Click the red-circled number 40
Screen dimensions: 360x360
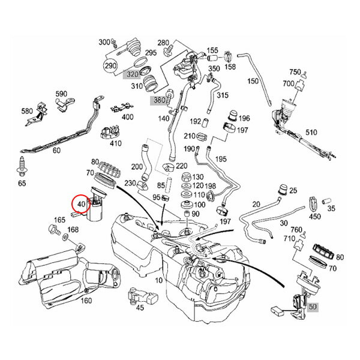80,205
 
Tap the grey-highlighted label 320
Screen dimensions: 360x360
131,75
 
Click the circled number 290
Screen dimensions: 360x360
110,65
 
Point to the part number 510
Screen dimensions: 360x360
311,132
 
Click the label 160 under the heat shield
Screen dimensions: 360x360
86,301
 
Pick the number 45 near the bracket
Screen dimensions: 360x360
140,308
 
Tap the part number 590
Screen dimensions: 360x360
61,94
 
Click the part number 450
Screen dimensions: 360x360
314,217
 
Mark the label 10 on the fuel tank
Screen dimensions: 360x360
158,280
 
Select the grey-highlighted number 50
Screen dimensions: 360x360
312,307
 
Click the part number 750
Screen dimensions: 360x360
295,71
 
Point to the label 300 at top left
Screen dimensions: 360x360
104,42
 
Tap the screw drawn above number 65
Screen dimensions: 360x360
22,163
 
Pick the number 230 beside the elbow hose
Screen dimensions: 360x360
130,184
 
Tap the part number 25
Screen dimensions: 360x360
293,190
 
